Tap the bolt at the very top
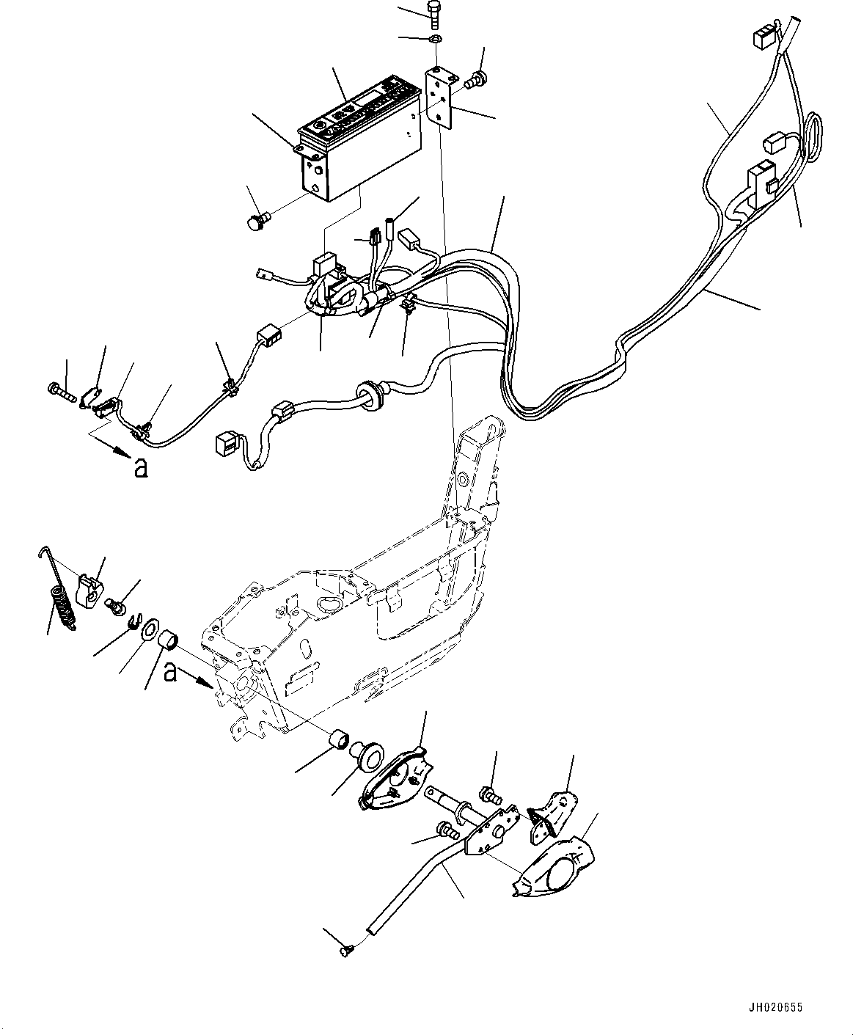pos(434,15)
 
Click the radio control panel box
pos(360,137)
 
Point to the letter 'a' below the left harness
pos(142,467)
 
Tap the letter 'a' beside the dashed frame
pos(170,673)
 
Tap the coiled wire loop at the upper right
pos(813,137)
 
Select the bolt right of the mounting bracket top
pos(476,80)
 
